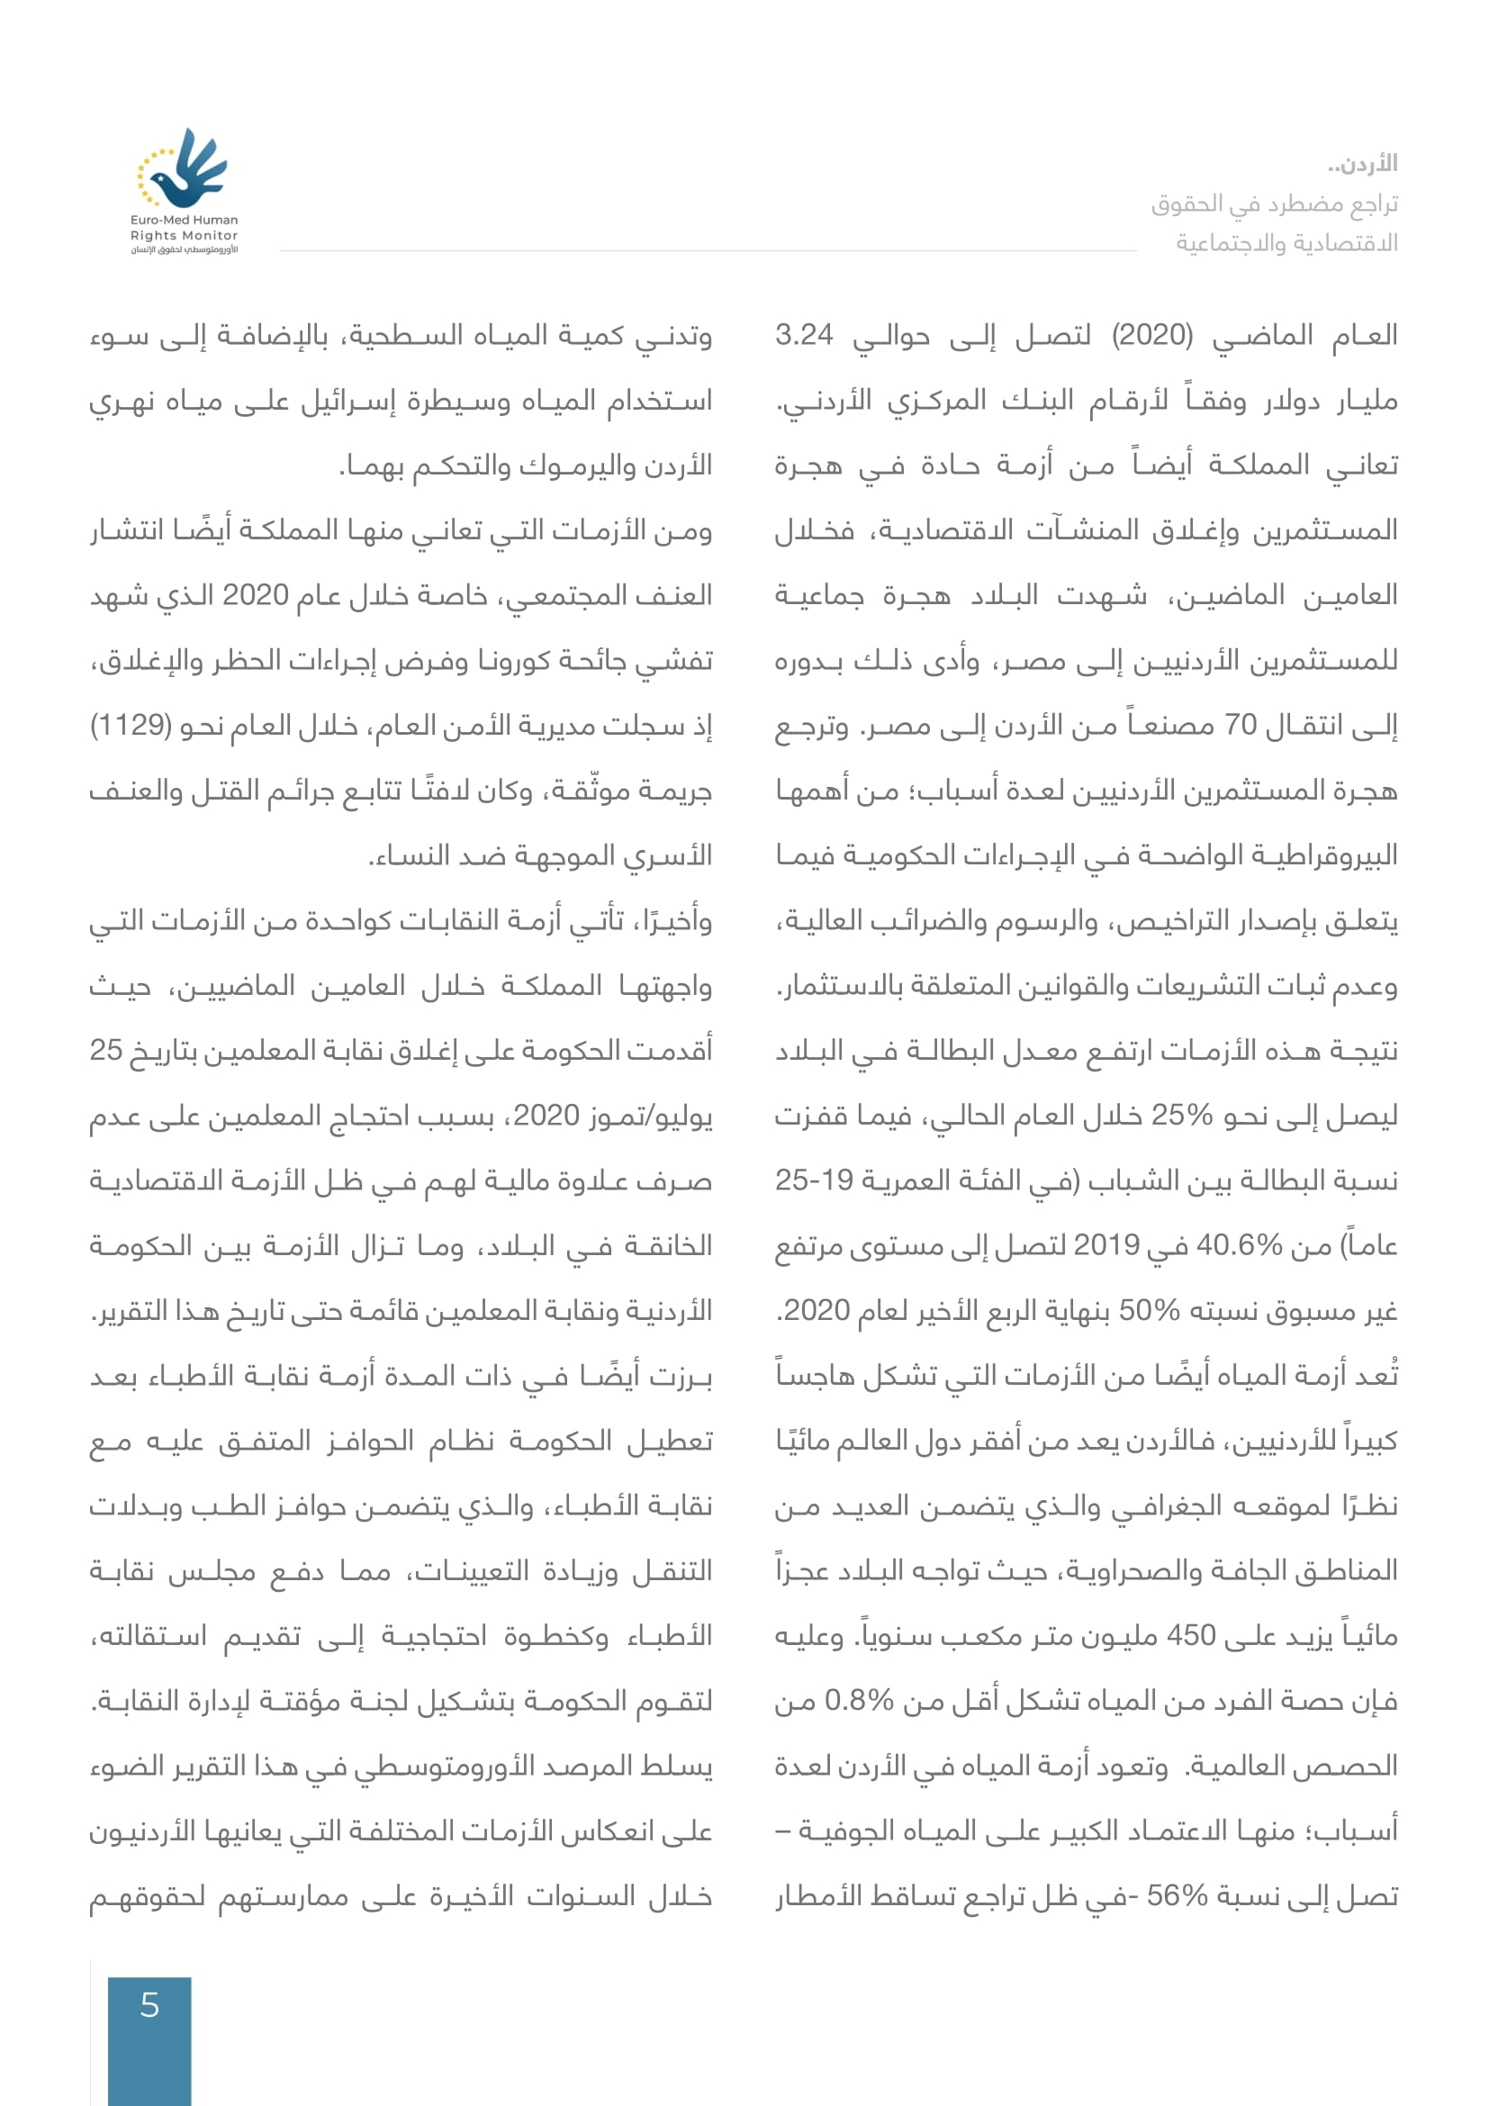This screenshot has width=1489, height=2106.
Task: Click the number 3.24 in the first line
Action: [x=804, y=335]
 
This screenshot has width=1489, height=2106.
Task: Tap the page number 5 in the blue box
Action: [x=149, y=2006]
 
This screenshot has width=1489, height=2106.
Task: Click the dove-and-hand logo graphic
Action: [x=183, y=168]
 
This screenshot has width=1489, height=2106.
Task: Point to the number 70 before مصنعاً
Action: [x=1241, y=726]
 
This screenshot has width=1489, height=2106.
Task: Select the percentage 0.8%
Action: [x=859, y=1701]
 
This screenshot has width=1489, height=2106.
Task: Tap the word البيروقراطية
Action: [x=1319, y=855]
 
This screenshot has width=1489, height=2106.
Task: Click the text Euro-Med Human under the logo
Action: [x=184, y=220]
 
